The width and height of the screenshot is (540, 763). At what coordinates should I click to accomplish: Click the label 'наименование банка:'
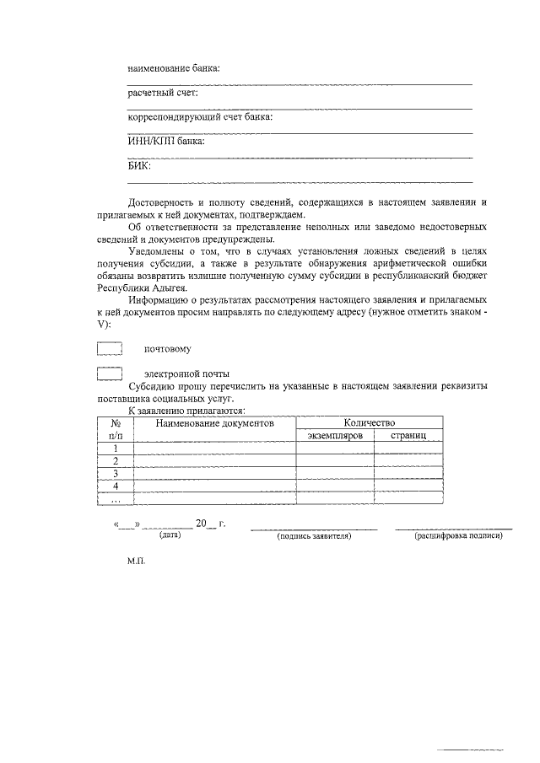[174, 67]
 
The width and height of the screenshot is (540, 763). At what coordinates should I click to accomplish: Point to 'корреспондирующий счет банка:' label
[200, 117]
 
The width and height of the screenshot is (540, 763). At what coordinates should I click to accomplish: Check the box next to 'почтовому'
[110, 348]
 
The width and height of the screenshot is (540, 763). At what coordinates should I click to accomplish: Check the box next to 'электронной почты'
[110, 373]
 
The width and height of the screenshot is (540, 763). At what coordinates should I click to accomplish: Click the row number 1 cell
[115, 449]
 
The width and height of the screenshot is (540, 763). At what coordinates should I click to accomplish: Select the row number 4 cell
[115, 486]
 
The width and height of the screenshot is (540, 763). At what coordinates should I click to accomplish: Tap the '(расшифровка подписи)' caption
[458, 536]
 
